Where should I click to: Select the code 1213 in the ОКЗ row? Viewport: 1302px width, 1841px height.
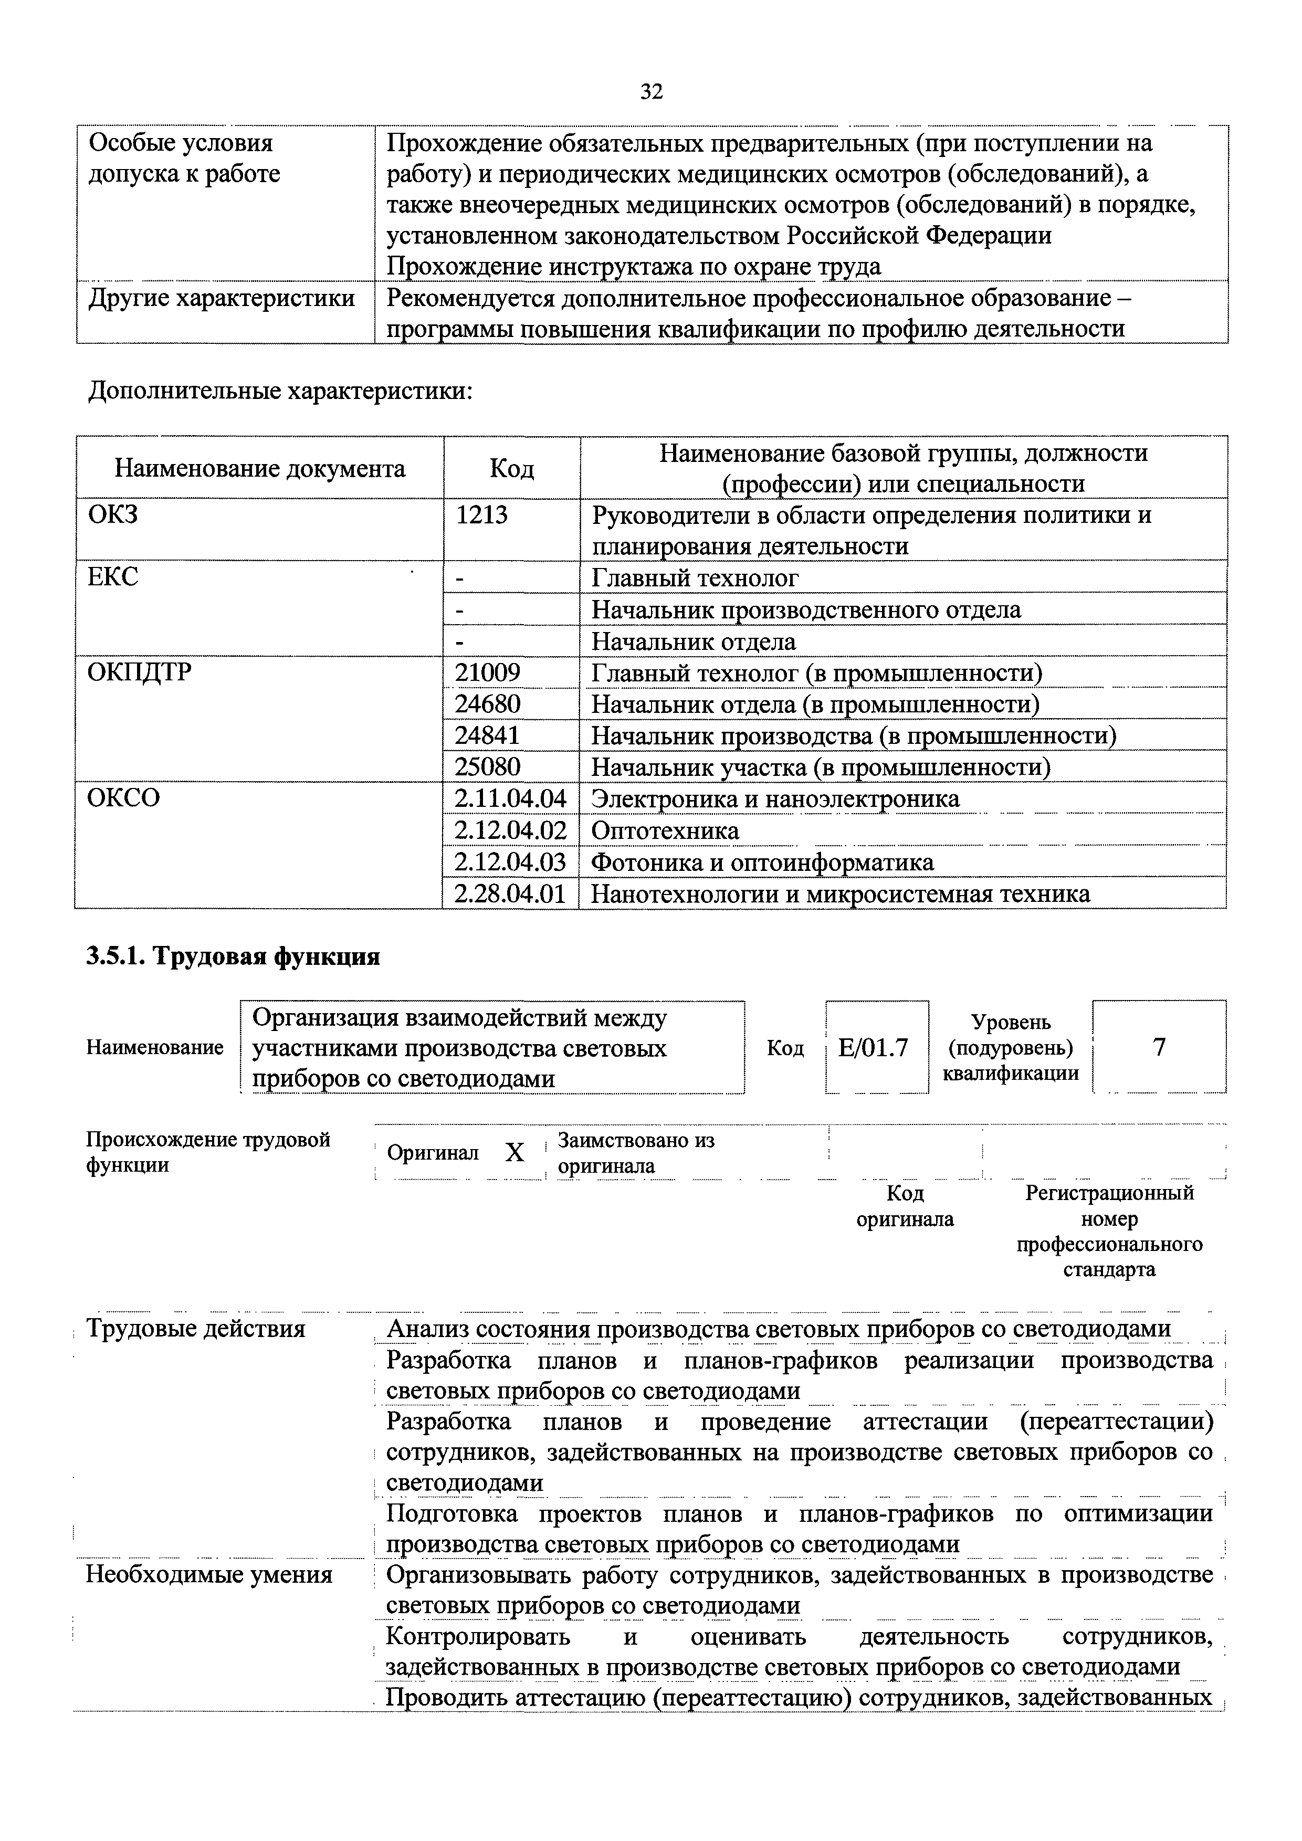point(482,515)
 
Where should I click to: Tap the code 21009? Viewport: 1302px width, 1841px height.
point(487,672)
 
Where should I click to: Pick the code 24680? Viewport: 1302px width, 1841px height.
point(487,704)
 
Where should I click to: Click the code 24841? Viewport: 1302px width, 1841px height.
point(487,735)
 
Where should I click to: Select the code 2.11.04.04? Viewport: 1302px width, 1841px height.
point(510,798)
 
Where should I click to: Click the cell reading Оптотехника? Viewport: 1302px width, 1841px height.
point(665,830)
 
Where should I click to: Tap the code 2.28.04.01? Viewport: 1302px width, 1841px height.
point(510,893)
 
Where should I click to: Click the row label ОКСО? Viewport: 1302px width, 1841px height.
point(123,798)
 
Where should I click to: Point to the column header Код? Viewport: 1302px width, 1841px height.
point(511,468)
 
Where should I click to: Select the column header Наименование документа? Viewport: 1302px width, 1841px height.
point(260,468)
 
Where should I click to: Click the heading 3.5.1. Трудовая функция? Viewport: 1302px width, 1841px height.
point(233,956)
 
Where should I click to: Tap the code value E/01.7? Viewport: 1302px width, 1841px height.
point(873,1047)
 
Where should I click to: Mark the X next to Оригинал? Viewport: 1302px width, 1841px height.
point(514,1153)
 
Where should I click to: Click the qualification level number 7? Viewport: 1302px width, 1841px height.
point(1159,1047)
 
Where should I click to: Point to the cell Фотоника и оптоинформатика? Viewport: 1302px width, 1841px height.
point(762,862)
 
